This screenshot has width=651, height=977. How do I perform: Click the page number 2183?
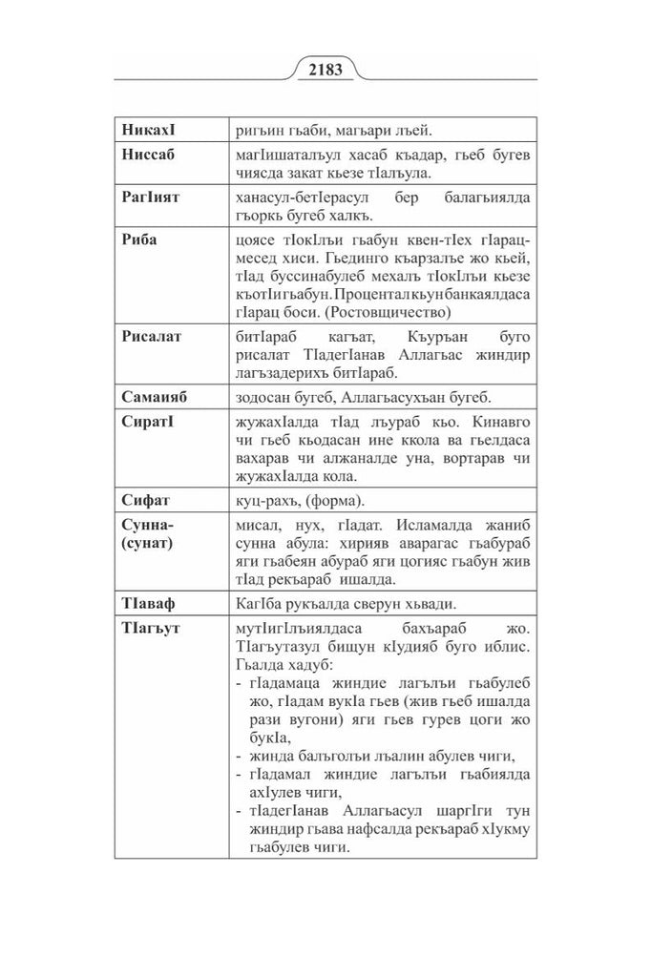click(x=325, y=70)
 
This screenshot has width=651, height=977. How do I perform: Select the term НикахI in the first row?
click(x=148, y=128)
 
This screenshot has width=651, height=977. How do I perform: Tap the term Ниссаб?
click(x=149, y=153)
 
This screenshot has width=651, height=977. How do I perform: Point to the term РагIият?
click(x=151, y=196)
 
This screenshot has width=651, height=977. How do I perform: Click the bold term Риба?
click(x=139, y=239)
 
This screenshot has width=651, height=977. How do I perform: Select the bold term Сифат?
click(x=144, y=499)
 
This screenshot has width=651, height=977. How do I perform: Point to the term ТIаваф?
click(x=150, y=603)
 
